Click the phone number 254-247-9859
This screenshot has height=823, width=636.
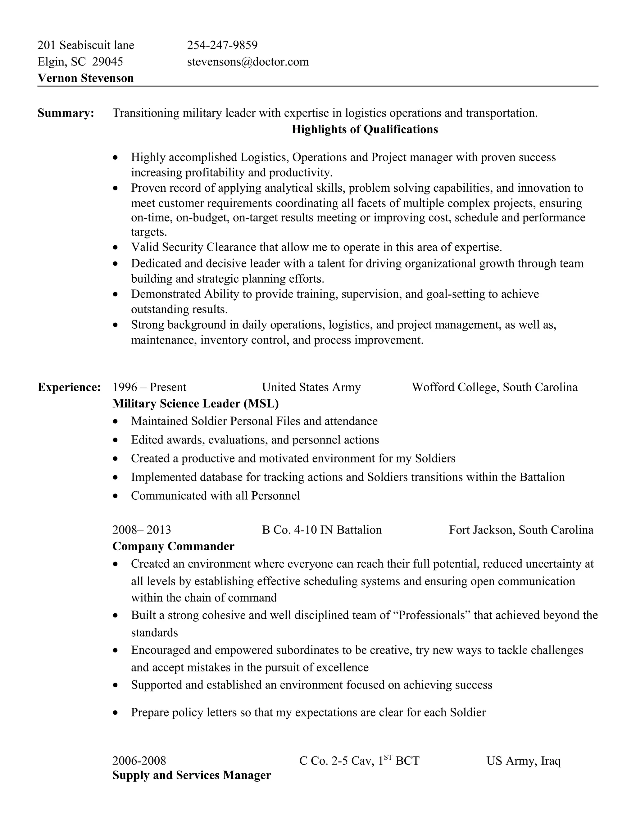tap(222, 45)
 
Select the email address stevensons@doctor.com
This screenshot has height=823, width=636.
tap(248, 62)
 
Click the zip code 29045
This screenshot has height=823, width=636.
tap(108, 62)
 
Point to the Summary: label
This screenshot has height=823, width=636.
tap(66, 113)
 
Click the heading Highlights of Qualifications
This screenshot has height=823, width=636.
tap(364, 129)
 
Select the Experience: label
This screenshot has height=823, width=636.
tap(69, 387)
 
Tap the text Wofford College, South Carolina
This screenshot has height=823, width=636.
tap(494, 387)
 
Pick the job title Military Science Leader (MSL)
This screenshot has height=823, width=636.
tap(196, 404)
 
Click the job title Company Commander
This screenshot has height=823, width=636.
tap(173, 546)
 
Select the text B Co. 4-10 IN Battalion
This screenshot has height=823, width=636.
tap(322, 530)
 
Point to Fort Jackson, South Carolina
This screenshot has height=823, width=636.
tap(521, 530)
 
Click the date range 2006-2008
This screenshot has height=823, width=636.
tap(139, 761)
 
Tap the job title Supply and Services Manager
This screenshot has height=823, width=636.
tap(191, 775)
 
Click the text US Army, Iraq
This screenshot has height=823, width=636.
tap(523, 761)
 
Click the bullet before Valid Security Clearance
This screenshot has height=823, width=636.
tap(116, 248)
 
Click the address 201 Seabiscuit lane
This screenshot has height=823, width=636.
tap(86, 45)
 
